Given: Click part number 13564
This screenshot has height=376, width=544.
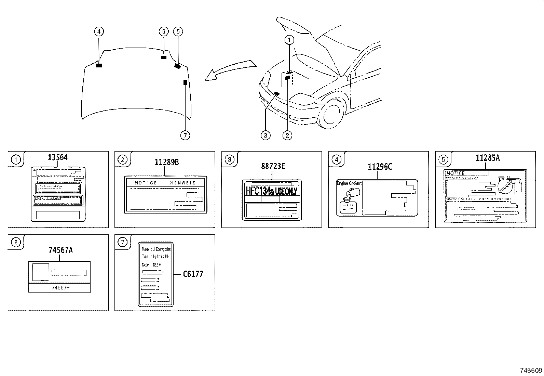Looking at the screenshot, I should click(x=58, y=157).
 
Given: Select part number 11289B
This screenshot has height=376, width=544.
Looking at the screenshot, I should click(x=166, y=162).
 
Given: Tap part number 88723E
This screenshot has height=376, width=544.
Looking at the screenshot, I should click(x=273, y=167).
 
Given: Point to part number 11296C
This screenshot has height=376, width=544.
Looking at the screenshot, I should click(x=380, y=167).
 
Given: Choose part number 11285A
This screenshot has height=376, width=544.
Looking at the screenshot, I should click(x=488, y=158).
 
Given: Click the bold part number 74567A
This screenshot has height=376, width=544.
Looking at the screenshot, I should click(x=60, y=250).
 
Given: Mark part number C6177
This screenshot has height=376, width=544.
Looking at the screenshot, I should click(x=193, y=274).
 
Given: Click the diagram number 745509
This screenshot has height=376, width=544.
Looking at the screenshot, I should click(x=531, y=371).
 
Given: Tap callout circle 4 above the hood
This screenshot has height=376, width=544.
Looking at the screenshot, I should click(x=99, y=32).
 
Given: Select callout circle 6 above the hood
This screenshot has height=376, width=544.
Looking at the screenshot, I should click(x=164, y=32).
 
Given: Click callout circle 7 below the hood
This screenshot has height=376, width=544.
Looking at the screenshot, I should click(x=185, y=135).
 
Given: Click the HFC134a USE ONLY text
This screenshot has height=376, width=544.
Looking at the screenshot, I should click(x=272, y=191).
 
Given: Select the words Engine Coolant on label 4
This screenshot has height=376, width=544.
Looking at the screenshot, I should click(x=349, y=183).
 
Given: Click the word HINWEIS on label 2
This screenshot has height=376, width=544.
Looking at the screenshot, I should click(x=183, y=183).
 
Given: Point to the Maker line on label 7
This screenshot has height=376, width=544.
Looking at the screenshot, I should click(x=157, y=250).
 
